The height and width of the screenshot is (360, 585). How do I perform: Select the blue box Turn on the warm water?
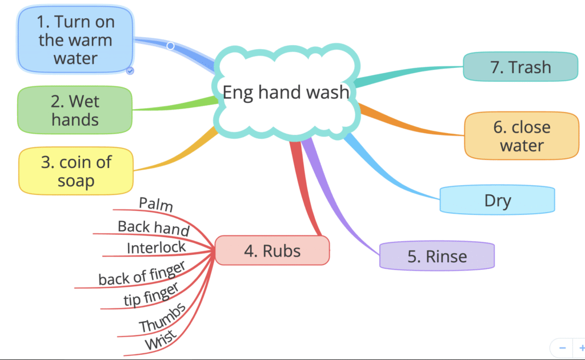tap(75, 40)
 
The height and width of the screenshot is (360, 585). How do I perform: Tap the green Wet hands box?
tap(75, 110)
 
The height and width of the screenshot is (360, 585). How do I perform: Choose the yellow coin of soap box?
tap(76, 171)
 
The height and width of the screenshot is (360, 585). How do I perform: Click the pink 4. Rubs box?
tap(273, 251)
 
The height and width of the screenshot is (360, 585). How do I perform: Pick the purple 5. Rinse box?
tap(436, 255)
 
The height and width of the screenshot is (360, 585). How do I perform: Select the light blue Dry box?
tap(497, 201)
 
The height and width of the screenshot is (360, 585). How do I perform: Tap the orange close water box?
tap(522, 135)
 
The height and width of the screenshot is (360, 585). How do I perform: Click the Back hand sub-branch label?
tap(154, 227)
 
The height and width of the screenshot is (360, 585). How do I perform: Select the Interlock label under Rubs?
tap(157, 247)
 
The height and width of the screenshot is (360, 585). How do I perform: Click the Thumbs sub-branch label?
tap(162, 318)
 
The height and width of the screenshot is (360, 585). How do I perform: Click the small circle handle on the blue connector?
tap(170, 45)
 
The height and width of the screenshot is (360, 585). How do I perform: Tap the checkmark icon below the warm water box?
tap(130, 70)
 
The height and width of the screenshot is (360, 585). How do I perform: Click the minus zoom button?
tap(563, 347)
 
